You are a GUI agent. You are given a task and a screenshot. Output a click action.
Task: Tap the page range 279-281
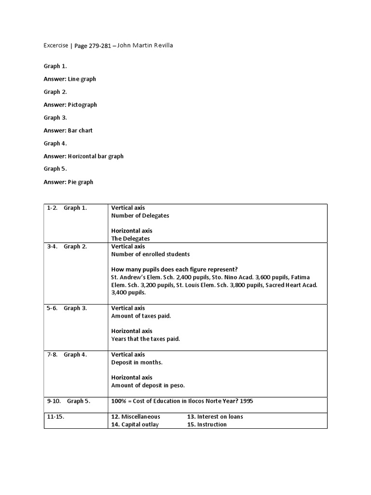99,46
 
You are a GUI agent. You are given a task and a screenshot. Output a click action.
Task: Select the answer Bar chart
80,131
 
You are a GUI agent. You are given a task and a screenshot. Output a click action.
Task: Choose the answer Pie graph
81,182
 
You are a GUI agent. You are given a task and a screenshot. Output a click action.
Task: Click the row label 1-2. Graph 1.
67,208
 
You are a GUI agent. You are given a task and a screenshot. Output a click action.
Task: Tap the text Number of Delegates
140,216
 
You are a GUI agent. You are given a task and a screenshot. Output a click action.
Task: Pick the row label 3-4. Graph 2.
67,247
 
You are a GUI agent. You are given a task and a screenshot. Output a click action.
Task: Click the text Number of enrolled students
150,254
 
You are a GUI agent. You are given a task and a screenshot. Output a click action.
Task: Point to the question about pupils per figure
174,269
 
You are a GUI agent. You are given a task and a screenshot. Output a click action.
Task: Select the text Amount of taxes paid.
141,316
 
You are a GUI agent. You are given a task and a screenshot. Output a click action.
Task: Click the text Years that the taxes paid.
145,339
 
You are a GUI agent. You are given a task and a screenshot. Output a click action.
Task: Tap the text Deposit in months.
137,362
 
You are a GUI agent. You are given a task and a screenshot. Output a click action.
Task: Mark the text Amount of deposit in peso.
148,385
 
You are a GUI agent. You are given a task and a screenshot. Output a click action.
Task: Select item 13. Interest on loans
215,416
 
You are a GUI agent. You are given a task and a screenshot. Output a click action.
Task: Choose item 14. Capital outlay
135,424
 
